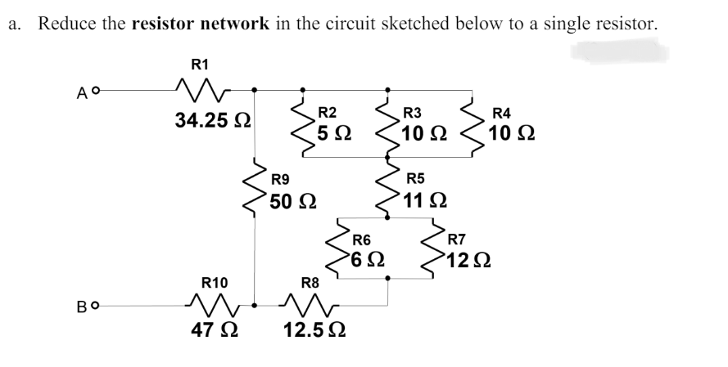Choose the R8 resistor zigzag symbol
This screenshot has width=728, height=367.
310,306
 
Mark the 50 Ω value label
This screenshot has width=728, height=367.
293,199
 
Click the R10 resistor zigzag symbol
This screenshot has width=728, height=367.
215,306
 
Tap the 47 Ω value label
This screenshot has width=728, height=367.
216,332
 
